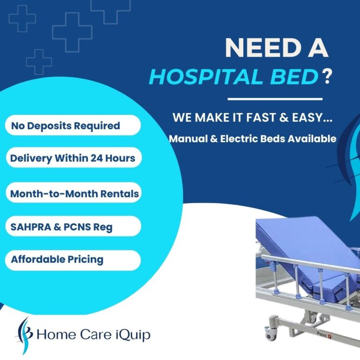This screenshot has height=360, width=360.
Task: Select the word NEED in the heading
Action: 257,48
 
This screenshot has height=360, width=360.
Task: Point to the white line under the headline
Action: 275,99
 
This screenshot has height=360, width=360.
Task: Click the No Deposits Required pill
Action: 73,126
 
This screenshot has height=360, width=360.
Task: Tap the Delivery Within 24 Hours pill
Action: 73,158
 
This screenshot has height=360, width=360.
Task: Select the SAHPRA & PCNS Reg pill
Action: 73,226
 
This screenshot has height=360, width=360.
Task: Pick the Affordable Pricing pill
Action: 73,260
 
